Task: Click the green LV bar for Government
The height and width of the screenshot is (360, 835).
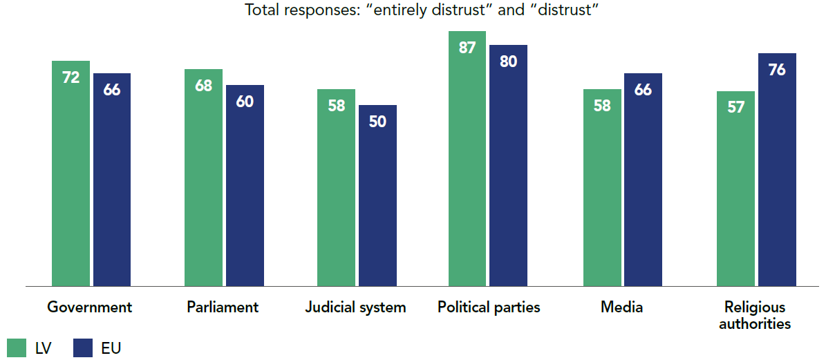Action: tap(71, 173)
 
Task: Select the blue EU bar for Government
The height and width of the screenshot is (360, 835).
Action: tap(112, 180)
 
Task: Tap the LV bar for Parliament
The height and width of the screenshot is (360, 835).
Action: tap(203, 177)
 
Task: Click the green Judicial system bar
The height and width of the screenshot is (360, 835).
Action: tap(336, 187)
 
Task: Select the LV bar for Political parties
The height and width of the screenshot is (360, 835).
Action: tap(467, 158)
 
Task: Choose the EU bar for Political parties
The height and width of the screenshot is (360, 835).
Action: tap(509, 165)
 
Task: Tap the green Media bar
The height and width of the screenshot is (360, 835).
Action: tap(602, 187)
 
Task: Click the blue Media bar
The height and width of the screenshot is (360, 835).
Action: tap(643, 180)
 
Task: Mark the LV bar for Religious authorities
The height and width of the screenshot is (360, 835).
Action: tap(735, 188)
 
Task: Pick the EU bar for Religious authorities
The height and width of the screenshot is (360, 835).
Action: tap(777, 169)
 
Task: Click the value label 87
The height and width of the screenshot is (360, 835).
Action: tap(467, 48)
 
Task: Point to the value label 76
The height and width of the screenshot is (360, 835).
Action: tap(777, 70)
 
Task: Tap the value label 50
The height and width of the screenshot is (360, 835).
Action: tap(377, 122)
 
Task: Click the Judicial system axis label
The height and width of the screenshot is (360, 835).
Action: tap(355, 307)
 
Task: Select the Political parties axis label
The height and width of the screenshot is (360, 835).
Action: tap(489, 307)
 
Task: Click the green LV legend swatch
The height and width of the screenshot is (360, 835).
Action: tap(16, 348)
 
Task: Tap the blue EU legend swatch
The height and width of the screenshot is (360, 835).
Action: tap(82, 348)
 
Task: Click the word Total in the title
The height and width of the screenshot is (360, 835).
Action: tap(261, 12)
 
